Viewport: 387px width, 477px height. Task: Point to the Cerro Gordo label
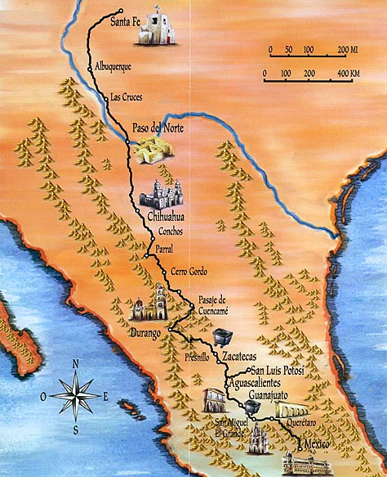(189, 272)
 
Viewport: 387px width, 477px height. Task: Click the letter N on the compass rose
(75, 365)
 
